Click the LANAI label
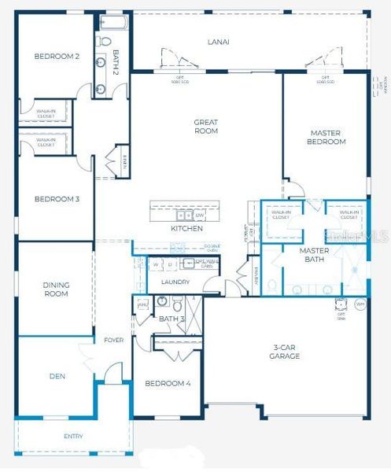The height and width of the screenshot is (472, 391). pos(218,42)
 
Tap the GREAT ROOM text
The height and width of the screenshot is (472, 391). pos(206,127)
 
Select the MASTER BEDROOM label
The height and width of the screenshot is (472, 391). pos(326,138)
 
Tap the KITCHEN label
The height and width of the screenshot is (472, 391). pos(186,228)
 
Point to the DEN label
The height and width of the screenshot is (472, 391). pos(57,376)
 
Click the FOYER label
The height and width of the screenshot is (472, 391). pos(113,340)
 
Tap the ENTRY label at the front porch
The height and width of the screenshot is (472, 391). pos(73,437)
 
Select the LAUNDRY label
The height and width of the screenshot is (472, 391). pos(175,282)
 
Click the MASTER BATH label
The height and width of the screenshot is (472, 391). pos(314,255)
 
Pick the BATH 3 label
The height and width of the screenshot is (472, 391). pos(171,319)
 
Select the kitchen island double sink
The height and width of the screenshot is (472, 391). pos(183,214)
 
